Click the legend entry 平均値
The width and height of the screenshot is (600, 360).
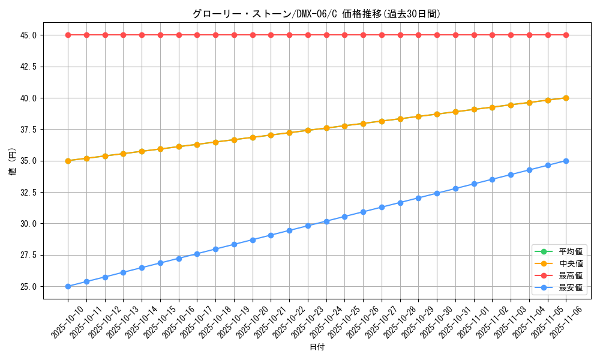click(571, 251)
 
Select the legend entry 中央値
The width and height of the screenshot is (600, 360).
click(571, 263)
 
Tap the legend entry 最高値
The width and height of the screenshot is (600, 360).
click(571, 275)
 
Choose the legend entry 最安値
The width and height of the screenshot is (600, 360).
click(571, 287)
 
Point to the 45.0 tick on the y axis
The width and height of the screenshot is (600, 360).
click(28, 35)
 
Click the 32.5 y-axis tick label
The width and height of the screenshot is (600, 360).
click(28, 192)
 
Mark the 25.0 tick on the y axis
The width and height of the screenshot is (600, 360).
click(28, 286)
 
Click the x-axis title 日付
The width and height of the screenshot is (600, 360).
click(317, 347)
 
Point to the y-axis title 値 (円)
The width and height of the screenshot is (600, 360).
click(12, 161)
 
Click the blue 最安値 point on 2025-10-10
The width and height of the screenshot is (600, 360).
click(68, 286)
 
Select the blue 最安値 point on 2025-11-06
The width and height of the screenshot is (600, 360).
click(566, 161)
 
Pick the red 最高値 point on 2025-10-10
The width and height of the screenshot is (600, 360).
click(68, 35)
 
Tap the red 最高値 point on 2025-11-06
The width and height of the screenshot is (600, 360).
click(566, 35)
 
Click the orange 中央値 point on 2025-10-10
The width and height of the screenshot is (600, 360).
click(68, 161)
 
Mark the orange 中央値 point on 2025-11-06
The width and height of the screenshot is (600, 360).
click(566, 98)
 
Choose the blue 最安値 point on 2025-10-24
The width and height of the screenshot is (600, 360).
click(326, 221)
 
